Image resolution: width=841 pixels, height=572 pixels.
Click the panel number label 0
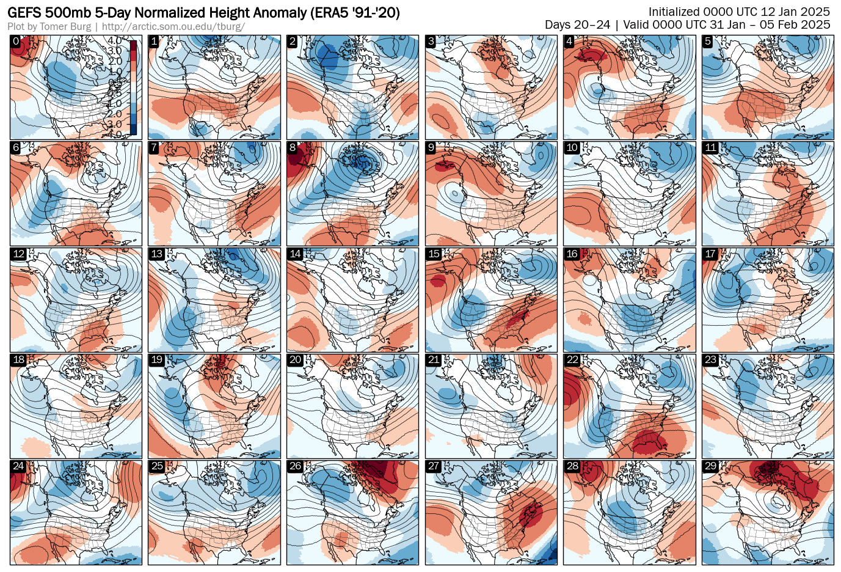[x=16, y=42]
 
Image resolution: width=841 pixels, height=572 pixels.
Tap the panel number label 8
[x=293, y=148]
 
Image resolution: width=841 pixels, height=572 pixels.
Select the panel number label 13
[x=156, y=254]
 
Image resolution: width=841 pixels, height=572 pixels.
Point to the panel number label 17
[x=710, y=254]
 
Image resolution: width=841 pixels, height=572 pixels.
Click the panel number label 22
[x=572, y=360]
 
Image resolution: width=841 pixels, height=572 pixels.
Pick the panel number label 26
[x=295, y=466]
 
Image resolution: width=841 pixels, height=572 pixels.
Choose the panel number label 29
[x=710, y=466]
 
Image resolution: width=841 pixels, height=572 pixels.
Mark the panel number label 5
[x=708, y=42]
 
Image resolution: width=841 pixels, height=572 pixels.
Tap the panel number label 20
[x=295, y=360]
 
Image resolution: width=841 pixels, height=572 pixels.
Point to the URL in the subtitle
[x=173, y=27]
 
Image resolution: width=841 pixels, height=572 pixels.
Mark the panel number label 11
[x=710, y=148]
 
